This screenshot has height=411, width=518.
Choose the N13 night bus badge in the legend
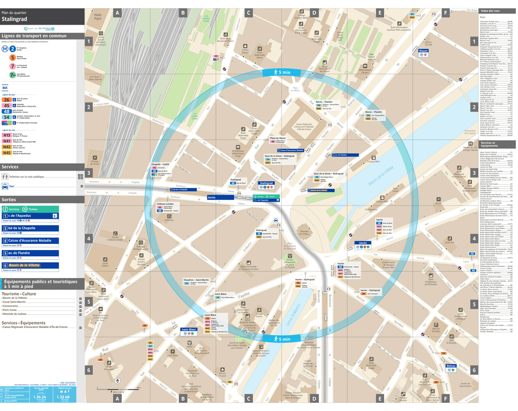click(7, 135)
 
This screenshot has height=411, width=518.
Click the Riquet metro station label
click(423, 51)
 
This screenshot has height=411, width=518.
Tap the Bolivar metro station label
click(451, 366)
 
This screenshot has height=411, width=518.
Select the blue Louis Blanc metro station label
click(189, 330)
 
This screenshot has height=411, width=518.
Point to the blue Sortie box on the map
click(211, 197)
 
